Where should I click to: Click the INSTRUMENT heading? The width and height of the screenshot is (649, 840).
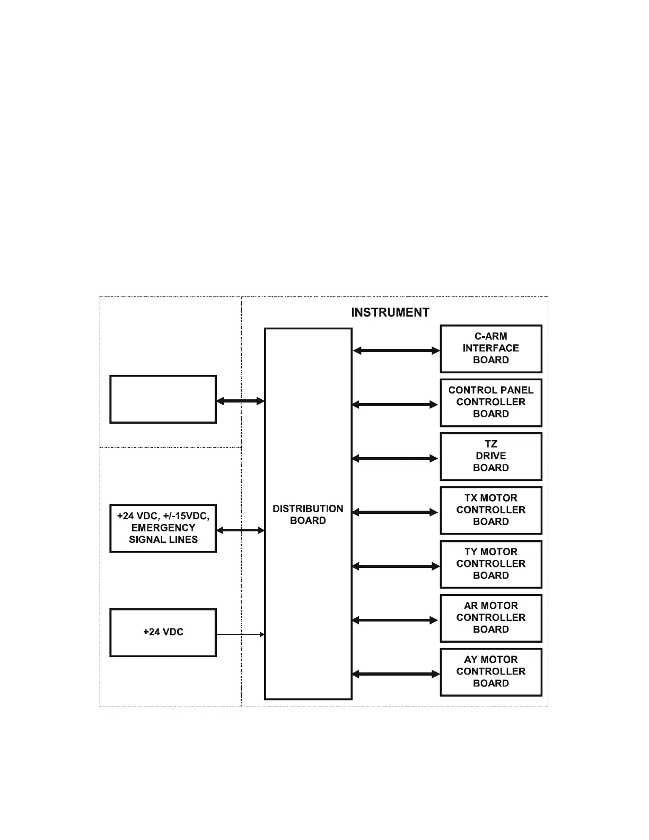coord(390,312)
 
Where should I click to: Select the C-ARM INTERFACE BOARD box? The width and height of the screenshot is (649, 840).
coord(491,348)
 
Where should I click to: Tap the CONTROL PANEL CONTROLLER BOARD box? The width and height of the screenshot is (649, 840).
coord(491,402)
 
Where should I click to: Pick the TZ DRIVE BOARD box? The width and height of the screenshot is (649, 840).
coord(491,456)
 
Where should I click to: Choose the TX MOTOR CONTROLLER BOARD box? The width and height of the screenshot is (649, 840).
coord(491,510)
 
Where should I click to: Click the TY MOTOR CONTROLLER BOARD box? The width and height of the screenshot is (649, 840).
coord(491,564)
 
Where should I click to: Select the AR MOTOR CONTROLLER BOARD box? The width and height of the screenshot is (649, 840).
coord(491,618)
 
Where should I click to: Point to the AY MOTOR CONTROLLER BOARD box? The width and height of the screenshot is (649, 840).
coord(491,672)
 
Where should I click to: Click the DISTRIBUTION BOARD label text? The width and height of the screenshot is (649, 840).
coord(308,515)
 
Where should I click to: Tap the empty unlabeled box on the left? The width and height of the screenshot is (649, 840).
coord(163,399)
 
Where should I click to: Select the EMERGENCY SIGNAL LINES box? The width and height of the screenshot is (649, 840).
coord(163,528)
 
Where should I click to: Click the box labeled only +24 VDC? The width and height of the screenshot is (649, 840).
coord(163,632)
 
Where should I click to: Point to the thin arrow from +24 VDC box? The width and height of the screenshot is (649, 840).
coord(240,634)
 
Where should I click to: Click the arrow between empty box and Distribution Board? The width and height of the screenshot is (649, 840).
coord(240,401)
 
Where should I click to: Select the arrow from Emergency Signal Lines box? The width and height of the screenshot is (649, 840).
coord(240,530)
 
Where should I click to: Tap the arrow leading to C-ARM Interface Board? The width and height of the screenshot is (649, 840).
coord(396,351)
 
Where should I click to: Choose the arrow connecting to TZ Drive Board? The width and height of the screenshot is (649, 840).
coord(395,459)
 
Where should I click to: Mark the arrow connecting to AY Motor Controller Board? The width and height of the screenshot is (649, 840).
coord(396,674)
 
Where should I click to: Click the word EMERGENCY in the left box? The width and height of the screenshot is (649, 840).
coord(163,528)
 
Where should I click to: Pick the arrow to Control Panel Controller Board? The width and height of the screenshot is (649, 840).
coord(395,405)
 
